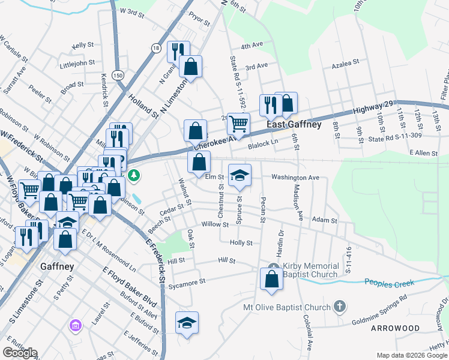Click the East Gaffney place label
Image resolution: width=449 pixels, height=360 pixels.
(x=294, y=125)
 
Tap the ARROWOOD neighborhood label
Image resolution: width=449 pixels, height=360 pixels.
(x=396, y=329)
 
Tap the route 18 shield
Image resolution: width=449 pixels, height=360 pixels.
(x=156, y=47)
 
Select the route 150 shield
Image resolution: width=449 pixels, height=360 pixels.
(x=119, y=75)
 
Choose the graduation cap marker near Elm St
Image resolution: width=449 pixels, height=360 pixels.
(x=240, y=174)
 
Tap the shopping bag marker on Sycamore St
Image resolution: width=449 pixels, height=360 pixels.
(x=271, y=279)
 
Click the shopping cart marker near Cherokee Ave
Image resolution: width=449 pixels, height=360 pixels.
(x=238, y=124)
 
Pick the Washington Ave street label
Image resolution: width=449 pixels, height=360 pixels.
(x=295, y=178)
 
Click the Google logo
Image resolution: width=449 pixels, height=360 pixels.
(x=20, y=353)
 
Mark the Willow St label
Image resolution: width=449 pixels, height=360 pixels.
(x=215, y=224)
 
